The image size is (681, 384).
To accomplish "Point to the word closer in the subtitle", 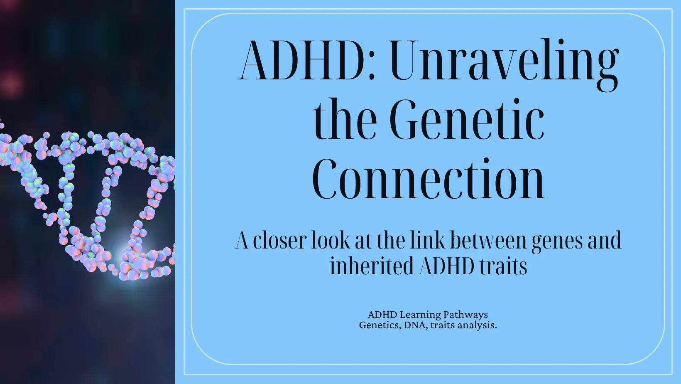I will click(280, 241).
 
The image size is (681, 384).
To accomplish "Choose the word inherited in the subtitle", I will click(372, 266).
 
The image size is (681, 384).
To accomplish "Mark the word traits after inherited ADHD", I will click(503, 266).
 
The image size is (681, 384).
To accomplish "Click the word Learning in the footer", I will click(420, 315).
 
